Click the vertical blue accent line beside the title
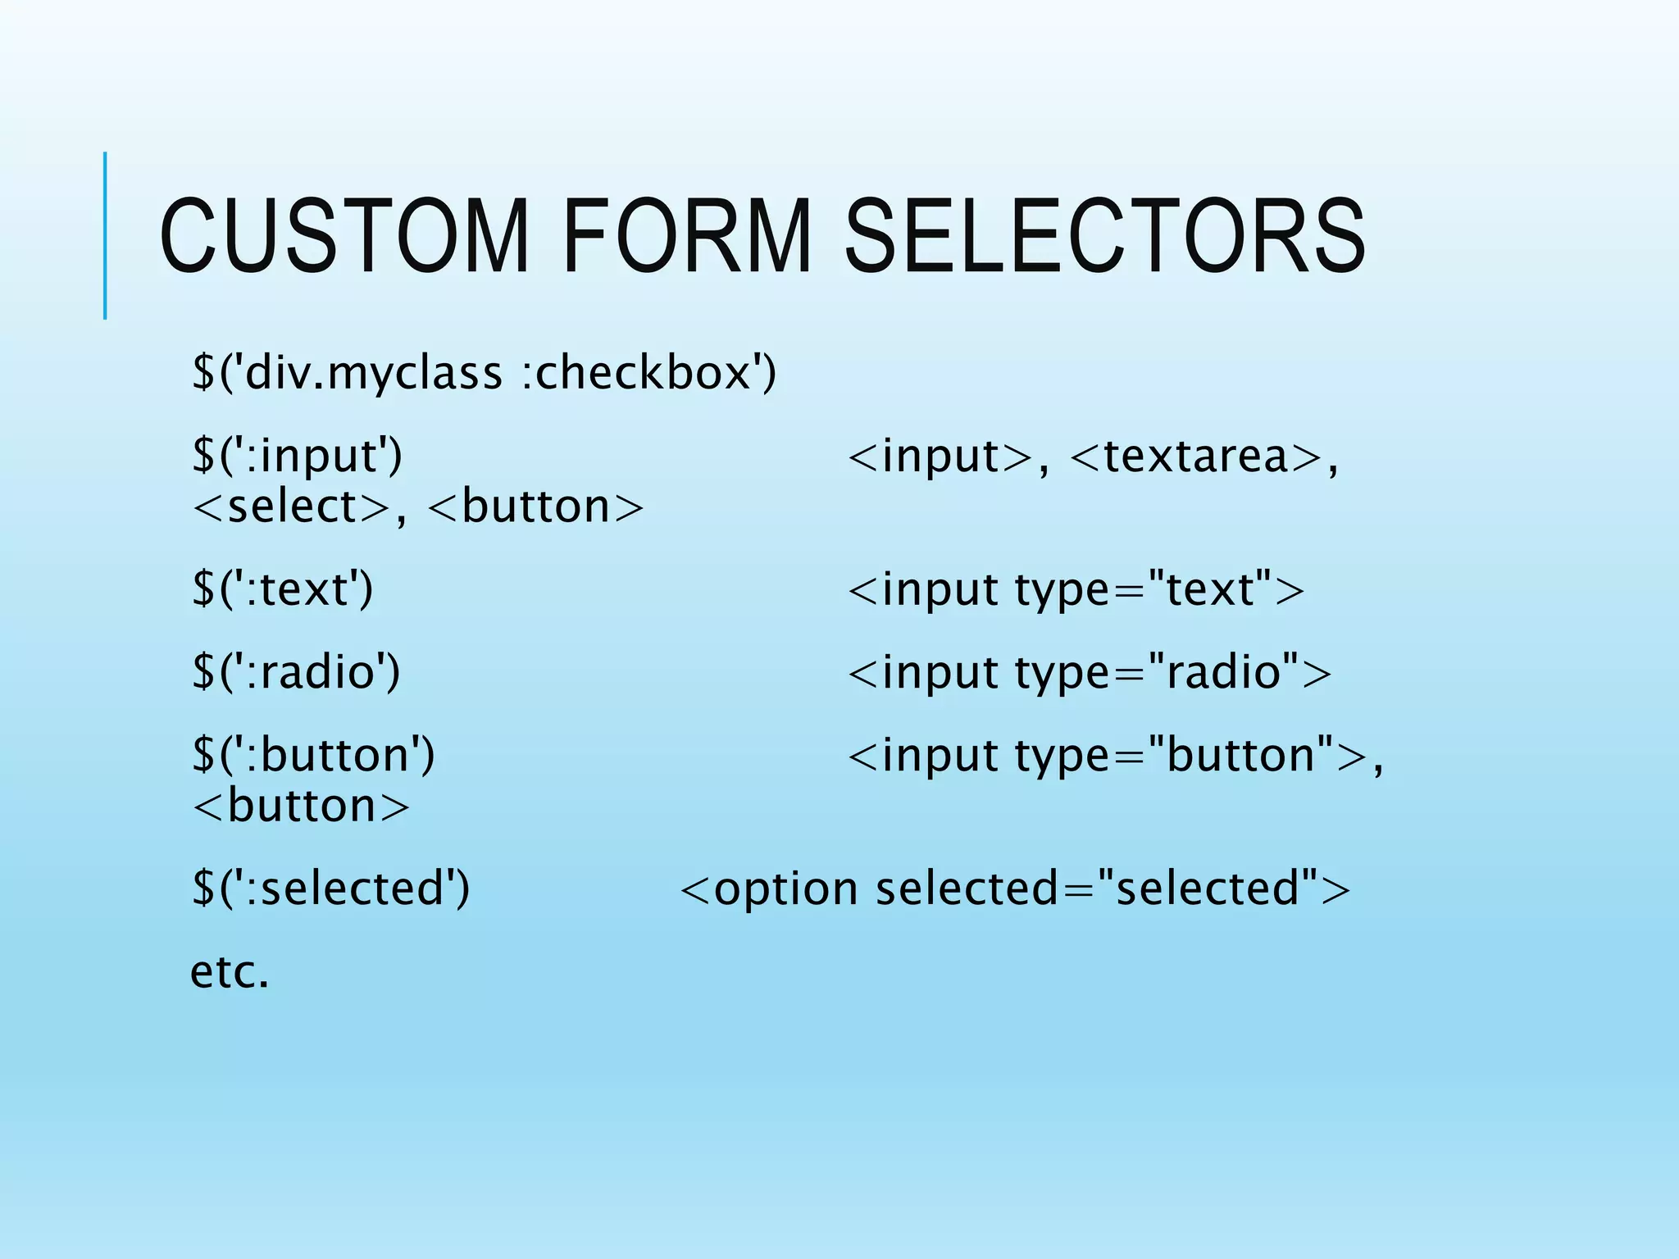pyautogui.click(x=105, y=235)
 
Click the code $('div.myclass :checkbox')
pyautogui.click(x=484, y=373)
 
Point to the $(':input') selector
pyautogui.click(x=297, y=456)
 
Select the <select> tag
pyautogui.click(x=290, y=507)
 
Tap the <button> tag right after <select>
pyautogui.click(x=535, y=507)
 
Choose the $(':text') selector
pyautogui.click(x=282, y=589)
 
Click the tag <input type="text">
pyautogui.click(x=1076, y=589)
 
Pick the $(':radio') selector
pyautogui.click(x=296, y=672)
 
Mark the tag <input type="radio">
pyautogui.click(x=1090, y=672)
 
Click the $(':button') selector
pyautogui.click(x=313, y=755)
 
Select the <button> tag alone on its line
pyautogui.click(x=300, y=806)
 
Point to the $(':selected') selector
pyautogui.click(x=330, y=889)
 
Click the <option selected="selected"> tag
pyautogui.click(x=1015, y=889)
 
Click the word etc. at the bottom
pyautogui.click(x=230, y=972)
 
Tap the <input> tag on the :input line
pyautogui.click(x=940, y=456)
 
